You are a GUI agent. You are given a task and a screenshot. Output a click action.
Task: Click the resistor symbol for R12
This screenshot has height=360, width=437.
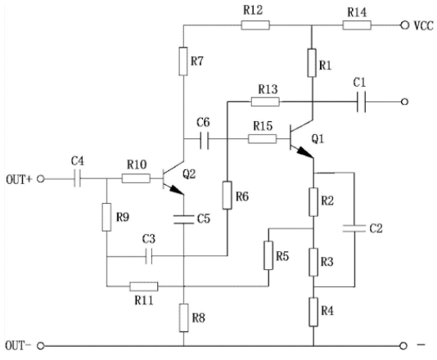click(x=255, y=25)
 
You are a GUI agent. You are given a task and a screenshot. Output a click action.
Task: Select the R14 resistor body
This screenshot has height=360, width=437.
click(x=357, y=25)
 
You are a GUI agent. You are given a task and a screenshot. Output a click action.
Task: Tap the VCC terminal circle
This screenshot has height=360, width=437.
click(x=404, y=25)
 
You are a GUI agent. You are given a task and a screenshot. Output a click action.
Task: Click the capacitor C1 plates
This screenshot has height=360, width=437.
click(x=362, y=101)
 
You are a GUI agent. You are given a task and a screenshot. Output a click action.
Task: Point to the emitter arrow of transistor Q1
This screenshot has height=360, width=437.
click(x=305, y=152)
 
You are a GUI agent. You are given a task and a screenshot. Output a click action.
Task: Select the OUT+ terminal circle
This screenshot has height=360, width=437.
click(x=41, y=179)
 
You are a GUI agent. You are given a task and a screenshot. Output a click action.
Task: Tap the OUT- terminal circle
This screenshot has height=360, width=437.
click(x=41, y=346)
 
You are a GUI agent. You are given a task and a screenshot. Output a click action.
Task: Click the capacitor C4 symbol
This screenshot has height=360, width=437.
click(x=78, y=178)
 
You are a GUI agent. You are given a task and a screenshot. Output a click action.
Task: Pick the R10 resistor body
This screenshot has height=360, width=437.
click(x=136, y=178)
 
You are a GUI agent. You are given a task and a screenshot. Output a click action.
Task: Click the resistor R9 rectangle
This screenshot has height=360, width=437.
click(x=106, y=217)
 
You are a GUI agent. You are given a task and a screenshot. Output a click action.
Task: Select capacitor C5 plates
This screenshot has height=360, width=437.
click(x=183, y=219)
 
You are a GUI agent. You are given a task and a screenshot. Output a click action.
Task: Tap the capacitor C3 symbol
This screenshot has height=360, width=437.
click(x=149, y=255)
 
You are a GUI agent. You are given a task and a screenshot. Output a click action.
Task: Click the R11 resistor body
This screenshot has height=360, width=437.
click(x=143, y=286)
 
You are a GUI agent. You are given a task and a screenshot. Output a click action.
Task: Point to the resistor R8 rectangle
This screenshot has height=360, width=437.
click(x=183, y=318)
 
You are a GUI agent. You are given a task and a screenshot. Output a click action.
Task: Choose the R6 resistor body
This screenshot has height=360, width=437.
click(x=228, y=195)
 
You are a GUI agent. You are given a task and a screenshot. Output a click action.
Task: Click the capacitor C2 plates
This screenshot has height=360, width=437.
click(x=354, y=228)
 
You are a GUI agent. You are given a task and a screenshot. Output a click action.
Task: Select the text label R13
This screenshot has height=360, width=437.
click(x=268, y=89)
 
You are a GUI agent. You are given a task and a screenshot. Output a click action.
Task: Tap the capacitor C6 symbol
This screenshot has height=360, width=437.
click(x=205, y=139)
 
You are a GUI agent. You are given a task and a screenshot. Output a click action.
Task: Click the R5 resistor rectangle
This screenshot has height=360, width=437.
click(x=268, y=255)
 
